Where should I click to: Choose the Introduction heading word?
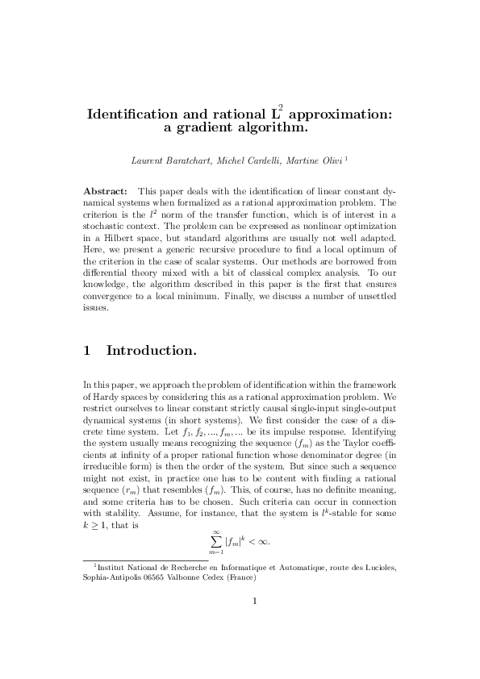[152, 352]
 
